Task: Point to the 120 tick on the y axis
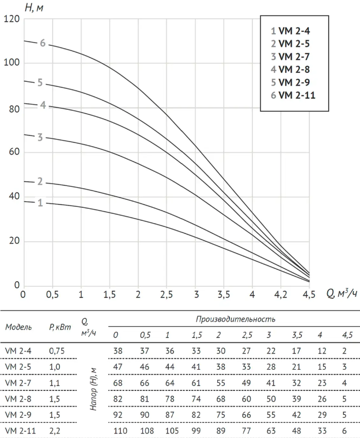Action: click(11, 19)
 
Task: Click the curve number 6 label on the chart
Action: click(43, 43)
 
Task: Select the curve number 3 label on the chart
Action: click(40, 137)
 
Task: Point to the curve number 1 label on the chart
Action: click(41, 203)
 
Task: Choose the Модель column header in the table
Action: click(19, 327)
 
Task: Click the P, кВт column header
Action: click(60, 327)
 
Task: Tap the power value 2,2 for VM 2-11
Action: click(55, 431)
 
